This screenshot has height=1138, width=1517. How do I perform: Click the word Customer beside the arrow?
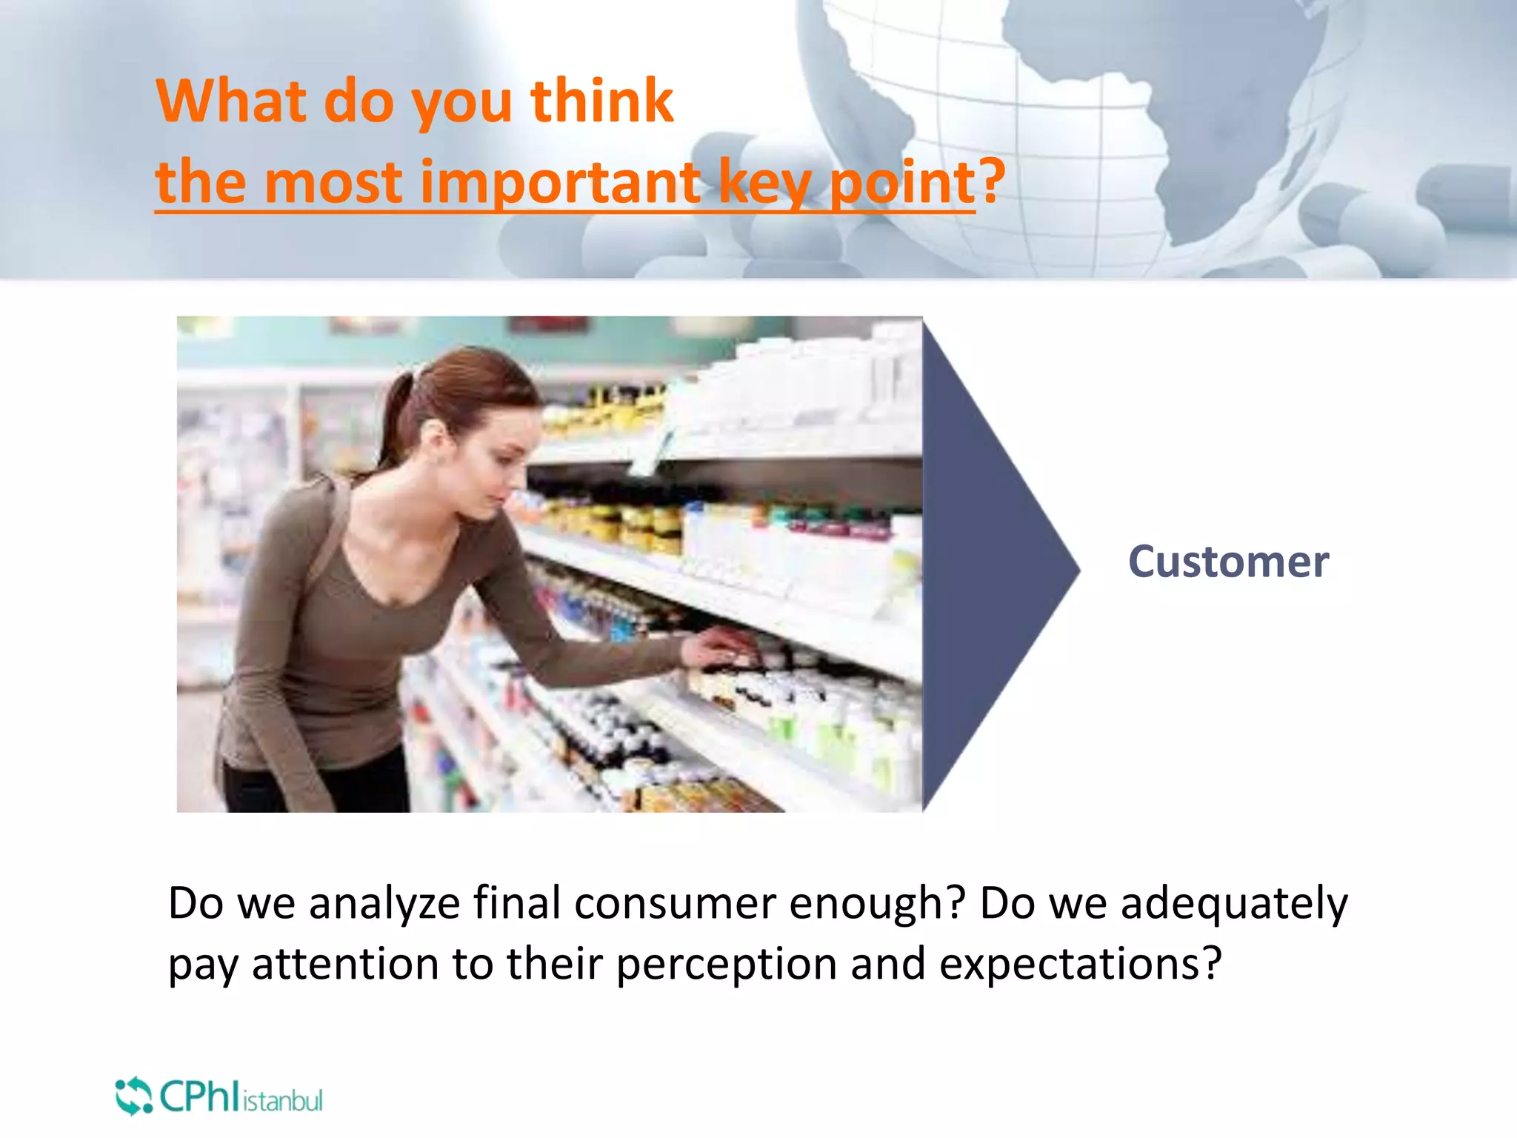point(1228,562)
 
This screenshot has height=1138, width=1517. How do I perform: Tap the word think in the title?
point(601,101)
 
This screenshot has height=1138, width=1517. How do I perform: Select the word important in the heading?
point(560,182)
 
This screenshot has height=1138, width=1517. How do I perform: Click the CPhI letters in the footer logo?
point(199,1097)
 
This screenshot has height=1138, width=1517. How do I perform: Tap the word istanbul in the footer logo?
point(283,1101)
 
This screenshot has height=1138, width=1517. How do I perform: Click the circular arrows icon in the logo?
point(133,1096)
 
